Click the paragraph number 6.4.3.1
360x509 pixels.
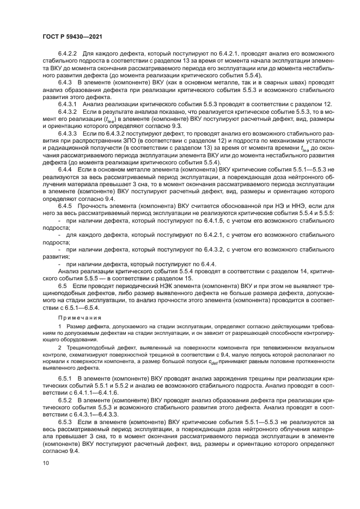(69, 103)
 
